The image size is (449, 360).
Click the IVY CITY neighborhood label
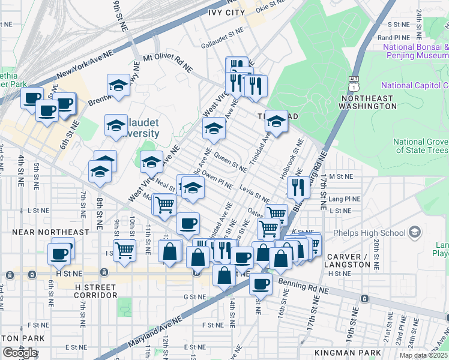[226, 12]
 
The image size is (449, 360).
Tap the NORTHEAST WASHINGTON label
[367, 102]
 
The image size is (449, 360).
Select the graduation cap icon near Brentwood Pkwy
[118, 85]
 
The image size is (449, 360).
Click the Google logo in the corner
[19, 352]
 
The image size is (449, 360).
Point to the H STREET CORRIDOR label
[95, 291]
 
